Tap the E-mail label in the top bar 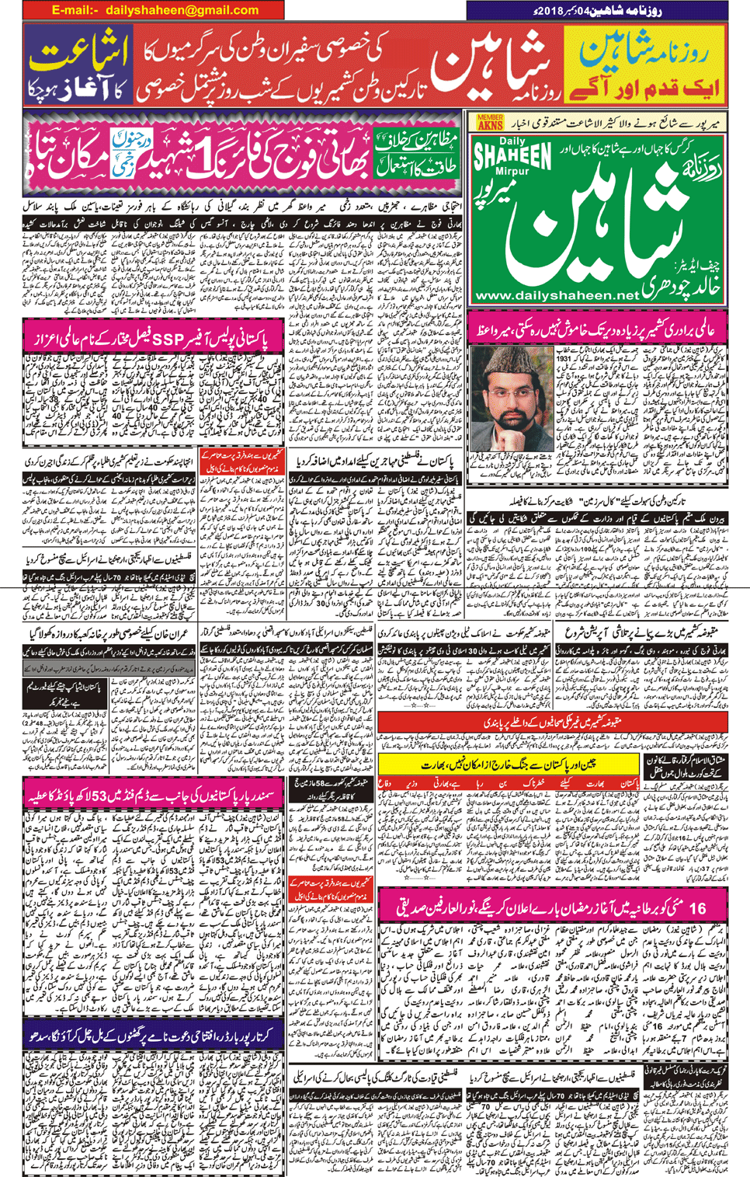[x=75, y=10]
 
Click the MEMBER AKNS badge [x=490, y=123]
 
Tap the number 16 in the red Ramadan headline [x=696, y=907]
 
